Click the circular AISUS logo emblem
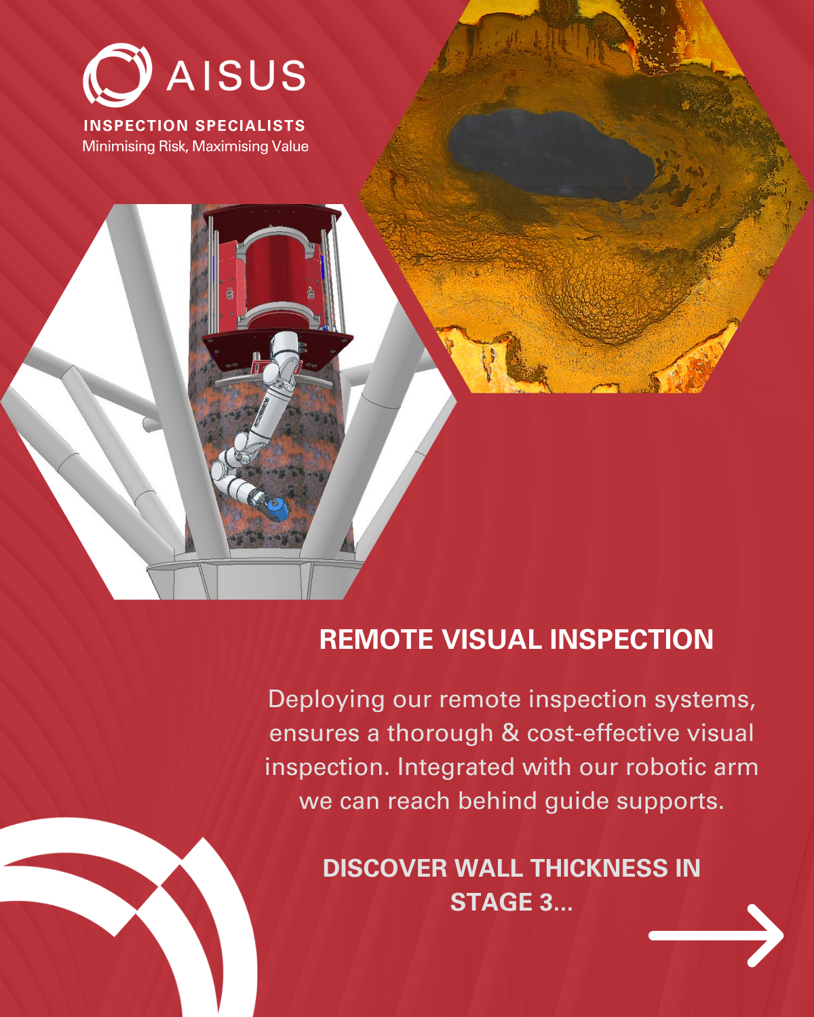[x=117, y=75]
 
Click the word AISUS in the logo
[x=236, y=75]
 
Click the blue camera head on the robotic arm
[x=276, y=508]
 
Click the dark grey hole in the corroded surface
[x=549, y=153]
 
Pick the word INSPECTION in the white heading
[x=632, y=639]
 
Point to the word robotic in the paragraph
[x=657, y=767]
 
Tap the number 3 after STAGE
[x=545, y=902]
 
